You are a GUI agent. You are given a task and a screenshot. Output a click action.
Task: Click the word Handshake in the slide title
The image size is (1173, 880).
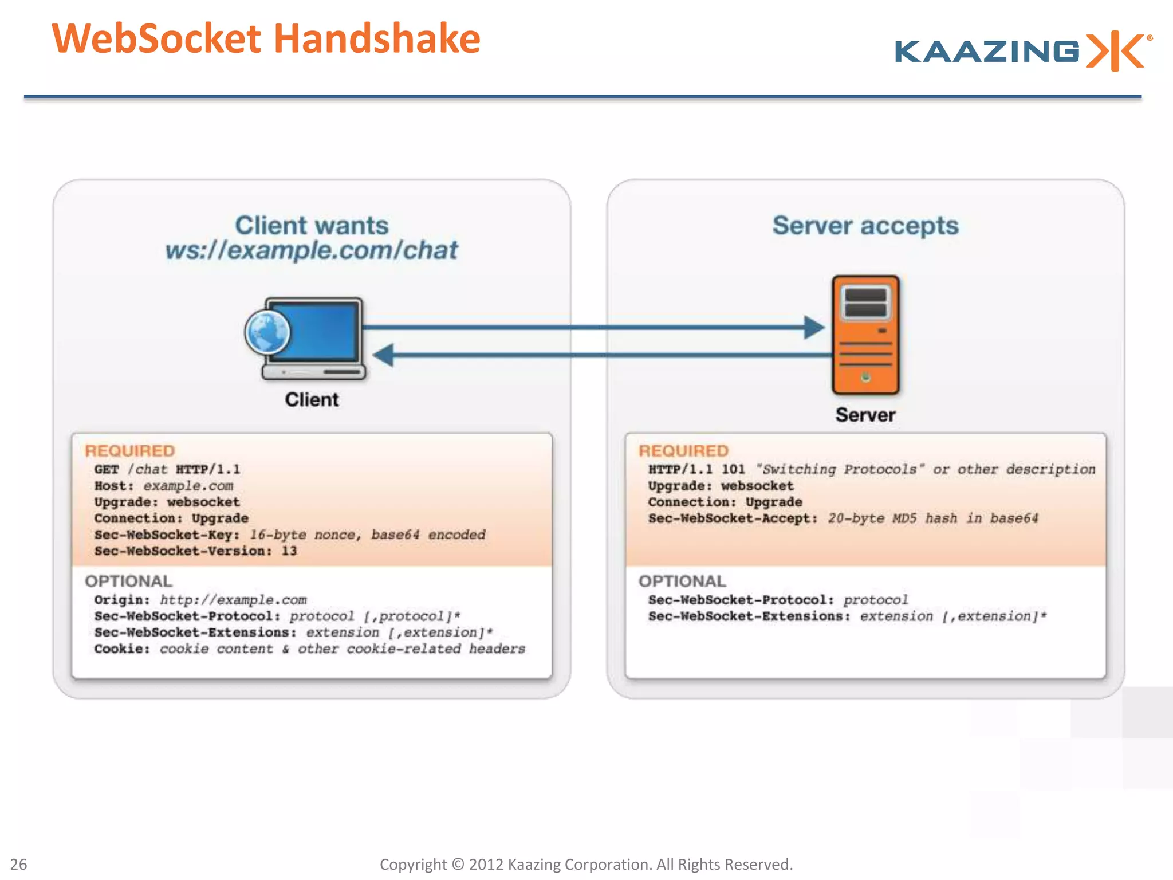point(377,39)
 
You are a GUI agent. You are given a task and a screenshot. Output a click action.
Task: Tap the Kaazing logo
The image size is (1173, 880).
point(1022,52)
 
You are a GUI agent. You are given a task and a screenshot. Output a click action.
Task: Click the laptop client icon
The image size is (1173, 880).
point(312,338)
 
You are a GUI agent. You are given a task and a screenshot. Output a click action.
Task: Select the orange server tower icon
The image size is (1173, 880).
point(865,335)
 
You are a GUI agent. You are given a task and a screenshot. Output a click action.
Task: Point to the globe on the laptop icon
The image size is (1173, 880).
point(267,332)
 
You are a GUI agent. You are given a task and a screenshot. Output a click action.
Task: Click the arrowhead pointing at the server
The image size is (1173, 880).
point(814,328)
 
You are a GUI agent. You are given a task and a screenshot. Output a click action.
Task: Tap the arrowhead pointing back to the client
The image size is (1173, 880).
point(384,355)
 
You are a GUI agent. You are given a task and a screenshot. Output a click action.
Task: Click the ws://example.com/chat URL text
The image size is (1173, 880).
point(312,250)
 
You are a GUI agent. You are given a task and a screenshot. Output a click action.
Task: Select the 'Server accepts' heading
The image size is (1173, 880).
point(865,225)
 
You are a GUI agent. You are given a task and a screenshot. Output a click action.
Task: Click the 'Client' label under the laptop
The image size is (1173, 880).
point(312,399)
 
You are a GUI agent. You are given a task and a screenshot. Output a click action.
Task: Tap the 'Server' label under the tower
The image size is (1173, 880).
point(865,415)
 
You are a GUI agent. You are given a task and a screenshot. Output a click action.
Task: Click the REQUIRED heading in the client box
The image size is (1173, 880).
point(130,451)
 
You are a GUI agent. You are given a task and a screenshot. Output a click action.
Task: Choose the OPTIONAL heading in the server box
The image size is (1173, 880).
point(682,581)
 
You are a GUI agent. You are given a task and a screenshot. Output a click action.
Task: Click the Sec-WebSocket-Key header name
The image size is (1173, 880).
point(167,535)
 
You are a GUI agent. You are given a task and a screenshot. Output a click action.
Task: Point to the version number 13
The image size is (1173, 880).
point(289,551)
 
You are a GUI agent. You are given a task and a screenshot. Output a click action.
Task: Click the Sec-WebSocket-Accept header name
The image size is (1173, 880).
point(733,518)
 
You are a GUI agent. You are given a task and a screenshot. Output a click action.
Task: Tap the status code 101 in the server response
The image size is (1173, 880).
point(733,469)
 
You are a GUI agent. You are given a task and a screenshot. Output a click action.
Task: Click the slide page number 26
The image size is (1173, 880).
point(19,864)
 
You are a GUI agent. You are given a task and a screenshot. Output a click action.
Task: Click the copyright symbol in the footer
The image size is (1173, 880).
point(458,864)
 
